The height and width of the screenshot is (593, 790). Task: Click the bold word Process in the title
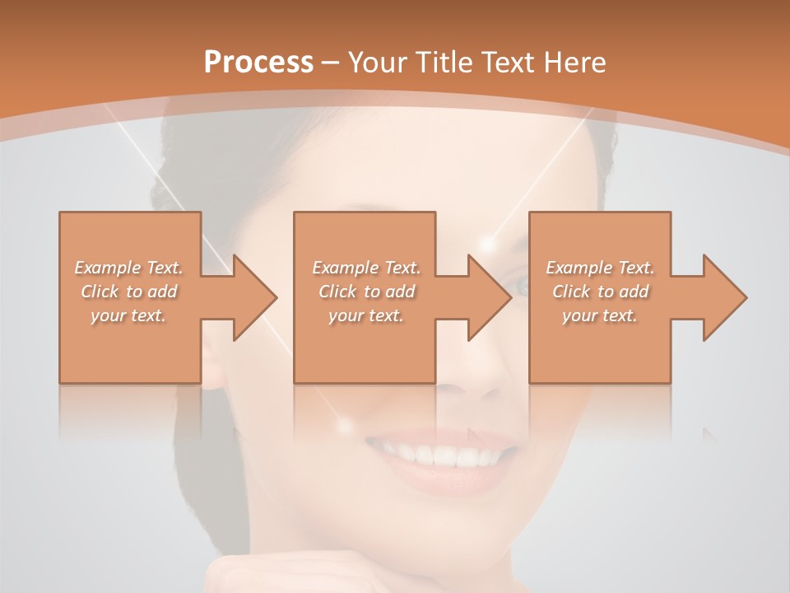258,62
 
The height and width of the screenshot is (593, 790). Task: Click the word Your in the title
378,62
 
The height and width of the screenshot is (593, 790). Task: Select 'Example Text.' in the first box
129,268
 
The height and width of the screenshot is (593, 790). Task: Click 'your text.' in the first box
129,315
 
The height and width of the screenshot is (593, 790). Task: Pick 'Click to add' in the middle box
366,292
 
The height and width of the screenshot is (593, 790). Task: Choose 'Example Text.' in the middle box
366,268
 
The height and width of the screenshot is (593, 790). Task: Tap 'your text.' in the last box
600,315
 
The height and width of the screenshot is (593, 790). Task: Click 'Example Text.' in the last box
600,268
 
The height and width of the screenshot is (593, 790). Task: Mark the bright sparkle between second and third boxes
489,244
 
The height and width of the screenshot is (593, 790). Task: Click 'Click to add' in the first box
129,292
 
